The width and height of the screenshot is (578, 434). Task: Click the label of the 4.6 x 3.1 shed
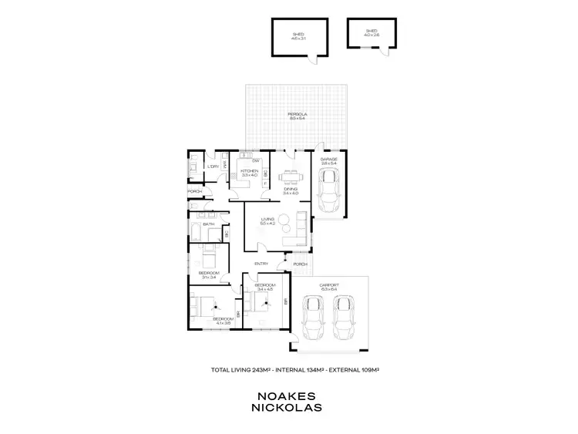298,35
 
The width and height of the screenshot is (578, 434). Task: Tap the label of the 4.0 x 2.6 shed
371,33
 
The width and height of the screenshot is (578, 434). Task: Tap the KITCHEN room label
249,173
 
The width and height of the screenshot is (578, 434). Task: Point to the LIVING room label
267,221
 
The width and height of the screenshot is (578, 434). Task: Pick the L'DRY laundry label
213,167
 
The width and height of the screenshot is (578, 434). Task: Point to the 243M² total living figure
263,370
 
